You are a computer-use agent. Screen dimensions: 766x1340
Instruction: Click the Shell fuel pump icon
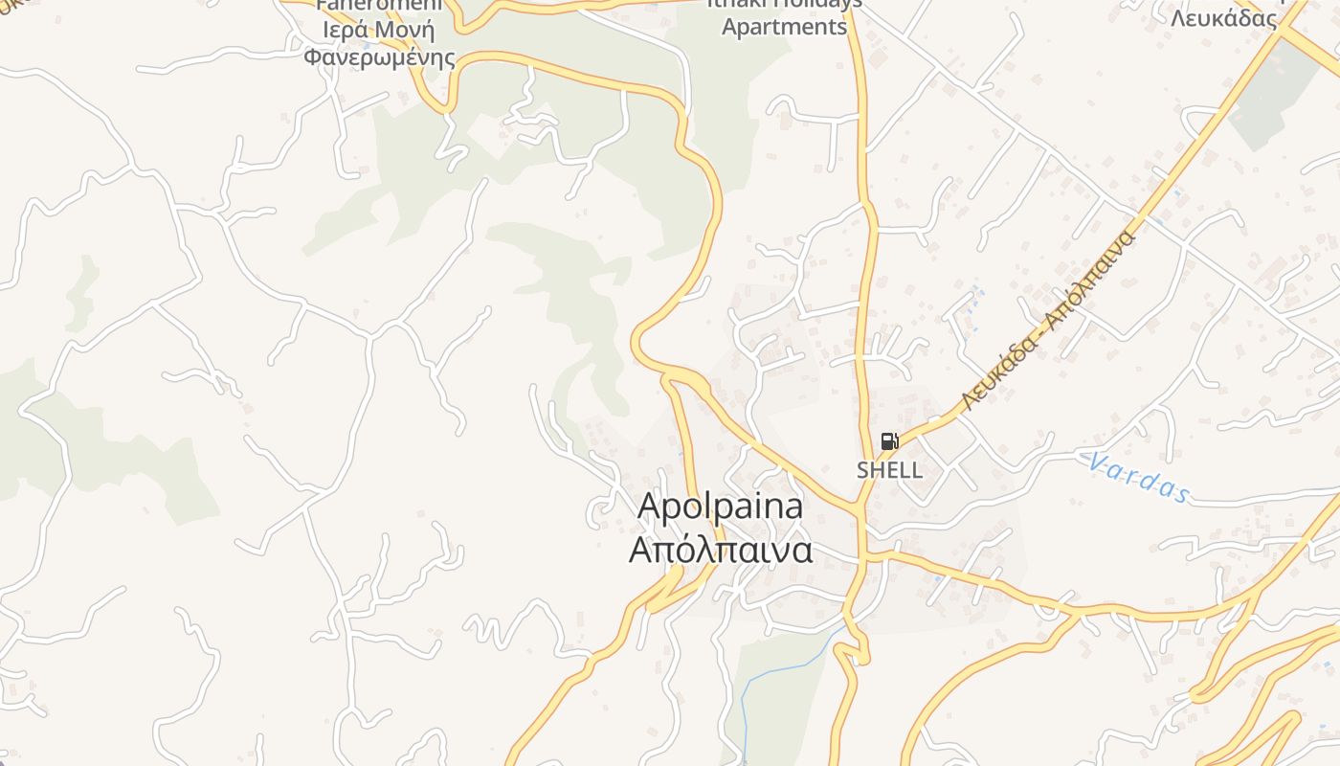point(889,441)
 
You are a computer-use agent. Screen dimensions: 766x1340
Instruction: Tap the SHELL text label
point(890,470)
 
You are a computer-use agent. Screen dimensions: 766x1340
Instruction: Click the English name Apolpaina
point(720,506)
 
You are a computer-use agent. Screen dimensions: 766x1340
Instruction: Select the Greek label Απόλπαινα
point(721,551)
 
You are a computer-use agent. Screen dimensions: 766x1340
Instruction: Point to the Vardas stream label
point(1139,477)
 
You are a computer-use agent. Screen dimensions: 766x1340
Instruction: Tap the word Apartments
point(784,27)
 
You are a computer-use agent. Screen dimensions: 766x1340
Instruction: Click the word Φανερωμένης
point(379,56)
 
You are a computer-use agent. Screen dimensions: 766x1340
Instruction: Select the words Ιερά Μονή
point(379,29)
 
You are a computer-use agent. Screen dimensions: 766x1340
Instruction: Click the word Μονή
point(405,29)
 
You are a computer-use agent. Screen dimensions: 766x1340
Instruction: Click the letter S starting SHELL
point(862,470)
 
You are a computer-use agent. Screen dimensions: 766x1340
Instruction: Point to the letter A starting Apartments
point(729,27)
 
